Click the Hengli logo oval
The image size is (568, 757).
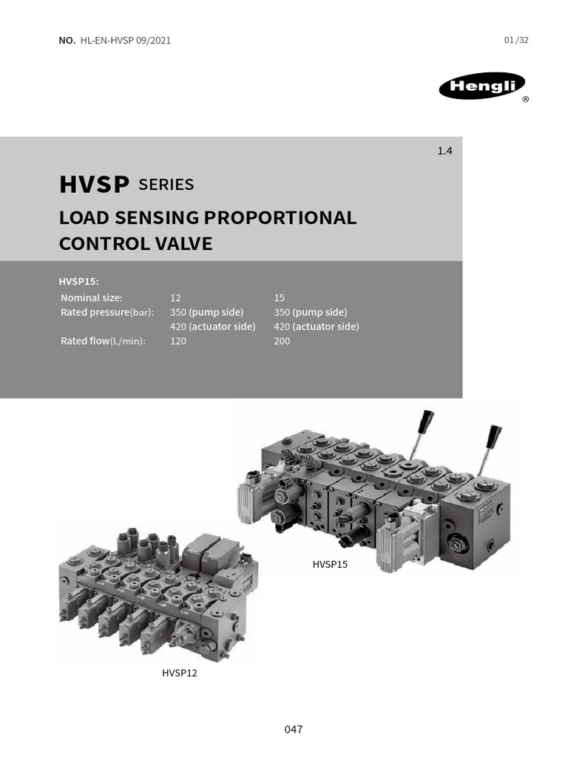click(x=481, y=88)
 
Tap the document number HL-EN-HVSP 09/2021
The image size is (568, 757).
click(x=124, y=41)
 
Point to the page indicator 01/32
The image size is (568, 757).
click(x=516, y=41)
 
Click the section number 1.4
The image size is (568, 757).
click(x=444, y=151)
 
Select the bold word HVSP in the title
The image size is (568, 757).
click(x=95, y=185)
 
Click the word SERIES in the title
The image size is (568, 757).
click(x=166, y=185)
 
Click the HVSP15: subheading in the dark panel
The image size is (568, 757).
click(x=78, y=282)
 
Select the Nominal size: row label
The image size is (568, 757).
click(x=92, y=298)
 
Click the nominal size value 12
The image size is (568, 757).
click(x=175, y=298)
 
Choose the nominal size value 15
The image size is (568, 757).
click(x=279, y=298)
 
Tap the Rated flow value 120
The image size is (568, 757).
click(x=178, y=341)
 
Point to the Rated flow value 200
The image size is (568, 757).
click(x=282, y=341)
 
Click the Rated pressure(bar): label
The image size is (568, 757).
click(x=106, y=312)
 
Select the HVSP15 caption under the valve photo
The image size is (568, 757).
click(x=330, y=565)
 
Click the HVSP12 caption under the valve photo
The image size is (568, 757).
click(x=180, y=673)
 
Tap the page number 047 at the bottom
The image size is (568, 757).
click(x=294, y=730)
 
